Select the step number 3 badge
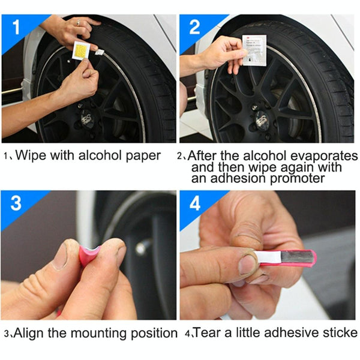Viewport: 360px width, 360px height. (15, 203)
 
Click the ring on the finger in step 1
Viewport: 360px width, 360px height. (77, 22)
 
